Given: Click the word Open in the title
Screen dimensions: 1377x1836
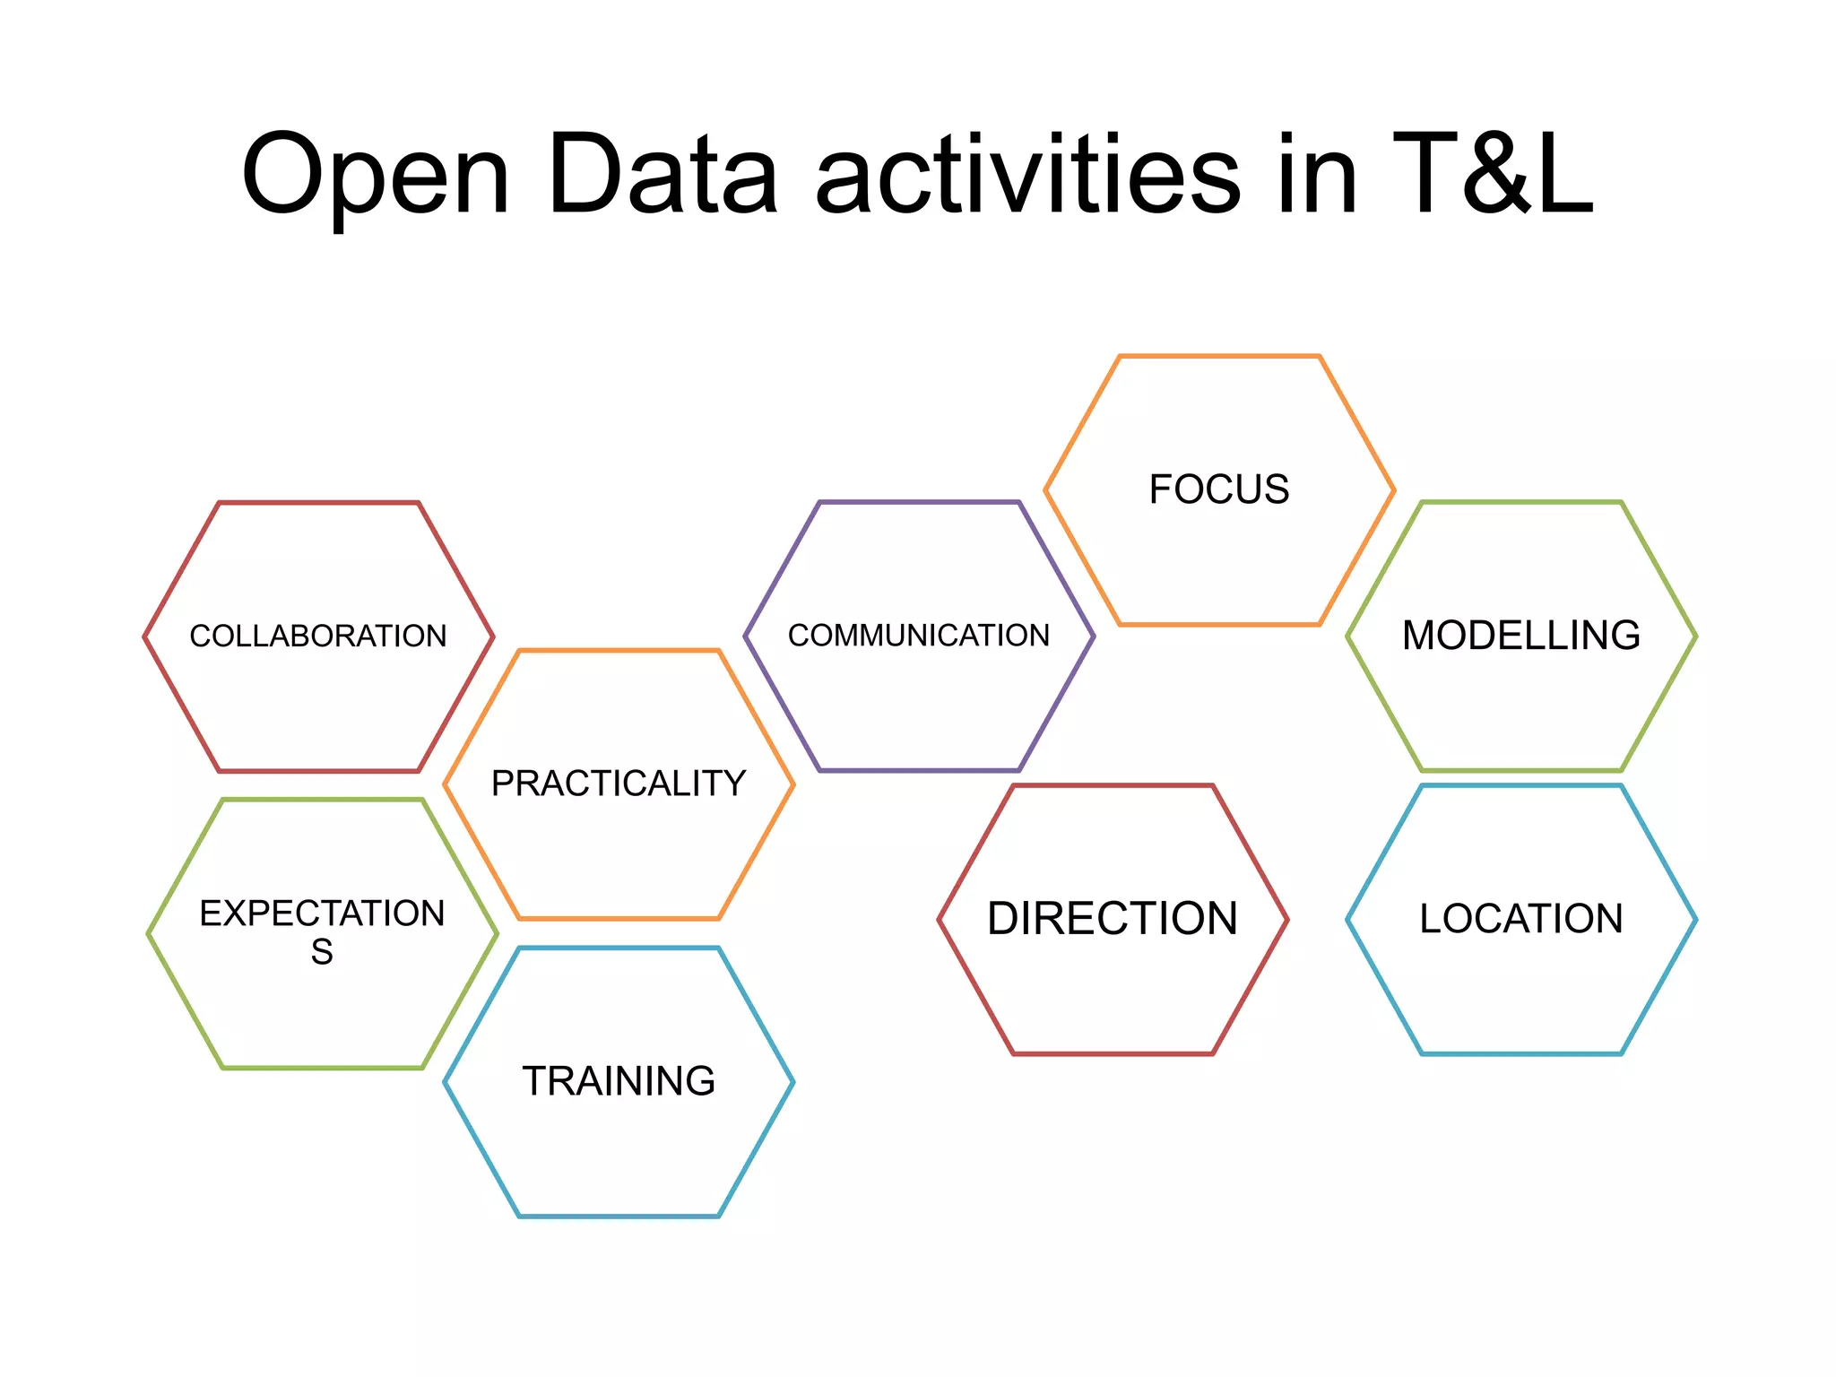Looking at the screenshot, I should pos(376,175).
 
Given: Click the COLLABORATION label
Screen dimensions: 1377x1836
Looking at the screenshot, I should pos(318,636).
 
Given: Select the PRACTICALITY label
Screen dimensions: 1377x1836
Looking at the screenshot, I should pos(619,784).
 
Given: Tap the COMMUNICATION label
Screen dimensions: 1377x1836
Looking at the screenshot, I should pos(919,635).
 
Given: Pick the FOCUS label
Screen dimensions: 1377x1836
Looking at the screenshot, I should pos(1219,489).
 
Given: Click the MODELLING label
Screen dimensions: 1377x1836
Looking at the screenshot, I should pos(1521,635).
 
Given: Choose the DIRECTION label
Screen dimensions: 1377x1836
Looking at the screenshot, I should pos(1113,919).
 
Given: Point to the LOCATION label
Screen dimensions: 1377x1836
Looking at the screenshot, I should pos(1521,919).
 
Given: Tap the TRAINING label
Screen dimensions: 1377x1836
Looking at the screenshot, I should pos(619,1081).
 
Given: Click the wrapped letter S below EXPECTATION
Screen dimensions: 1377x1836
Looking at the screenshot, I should pos(322,952).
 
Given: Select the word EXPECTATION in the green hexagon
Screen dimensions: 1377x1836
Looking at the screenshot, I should pos(322,914).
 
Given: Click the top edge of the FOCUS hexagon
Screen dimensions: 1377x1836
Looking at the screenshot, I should pos(1219,357).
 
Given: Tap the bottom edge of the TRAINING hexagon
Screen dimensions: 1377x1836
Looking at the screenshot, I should pos(619,1216).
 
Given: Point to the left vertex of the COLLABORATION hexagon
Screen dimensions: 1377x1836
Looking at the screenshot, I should pos(145,637).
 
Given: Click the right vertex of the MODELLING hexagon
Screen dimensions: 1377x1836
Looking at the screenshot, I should pos(1695,637).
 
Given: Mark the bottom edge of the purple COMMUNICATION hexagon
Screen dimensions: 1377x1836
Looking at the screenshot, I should pos(919,770).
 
